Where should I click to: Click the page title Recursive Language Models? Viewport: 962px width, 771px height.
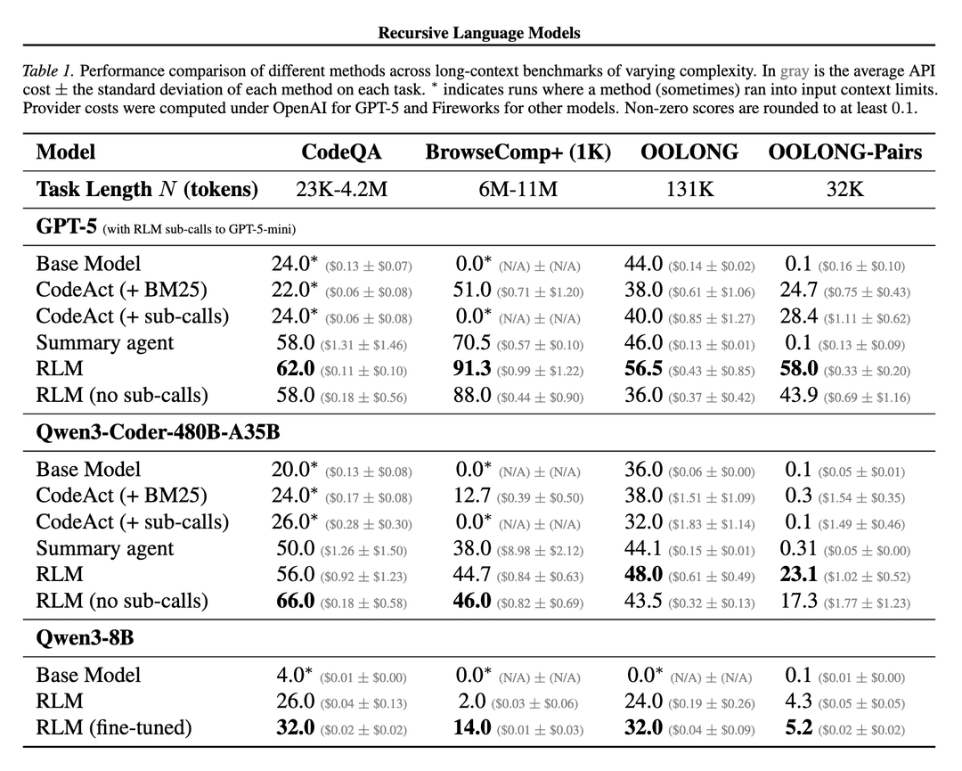(479, 33)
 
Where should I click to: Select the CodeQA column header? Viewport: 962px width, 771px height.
(341, 152)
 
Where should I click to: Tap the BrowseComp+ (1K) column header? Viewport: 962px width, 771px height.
(518, 152)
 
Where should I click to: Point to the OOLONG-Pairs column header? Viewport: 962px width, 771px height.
(845, 152)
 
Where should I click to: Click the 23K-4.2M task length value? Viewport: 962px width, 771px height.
(341, 189)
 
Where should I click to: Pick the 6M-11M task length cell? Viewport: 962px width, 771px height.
(518, 189)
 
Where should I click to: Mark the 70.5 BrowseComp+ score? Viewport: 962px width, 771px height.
(472, 343)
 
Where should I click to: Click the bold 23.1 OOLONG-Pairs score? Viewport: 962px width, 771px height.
(799, 575)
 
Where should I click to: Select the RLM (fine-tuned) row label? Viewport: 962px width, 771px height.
(114, 727)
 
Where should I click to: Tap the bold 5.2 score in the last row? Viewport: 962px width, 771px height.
(799, 727)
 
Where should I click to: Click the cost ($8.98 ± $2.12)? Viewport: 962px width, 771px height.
(541, 550)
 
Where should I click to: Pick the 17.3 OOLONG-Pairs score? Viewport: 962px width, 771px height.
(799, 601)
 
